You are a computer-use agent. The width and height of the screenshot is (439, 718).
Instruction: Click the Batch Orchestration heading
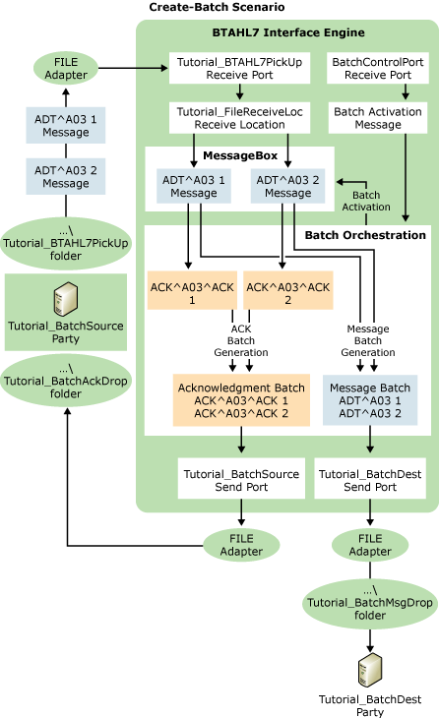coord(365,235)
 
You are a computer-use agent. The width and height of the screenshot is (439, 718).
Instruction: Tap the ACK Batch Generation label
coord(242,340)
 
